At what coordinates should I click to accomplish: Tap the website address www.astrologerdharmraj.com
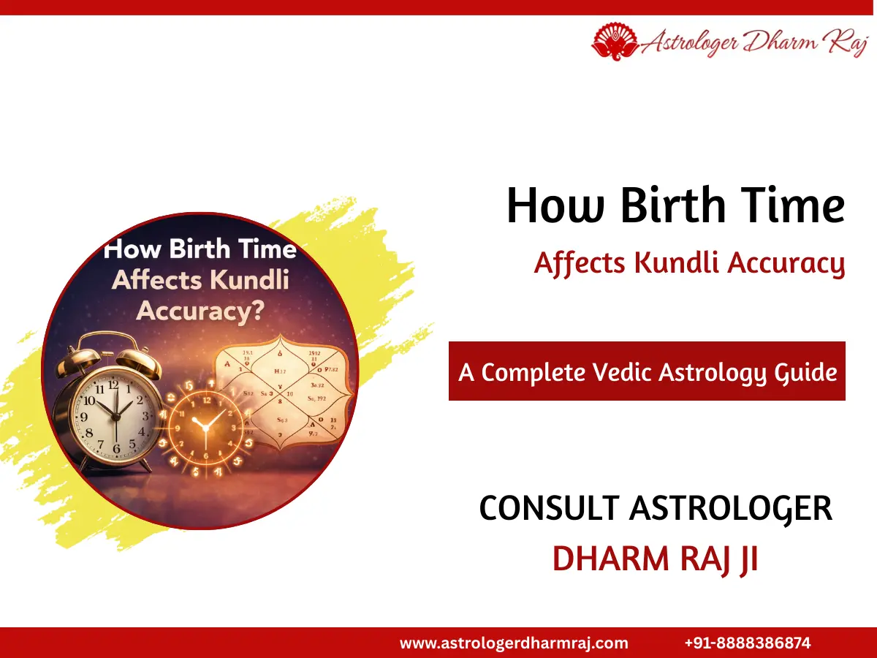tap(514, 643)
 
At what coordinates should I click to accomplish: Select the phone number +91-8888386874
tap(748, 643)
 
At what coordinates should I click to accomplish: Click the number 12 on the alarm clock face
tap(113, 384)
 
